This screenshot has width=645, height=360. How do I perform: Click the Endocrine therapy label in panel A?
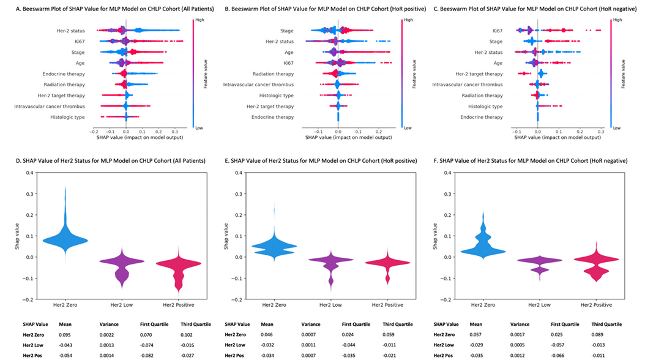64,74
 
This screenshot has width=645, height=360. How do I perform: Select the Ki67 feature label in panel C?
498,31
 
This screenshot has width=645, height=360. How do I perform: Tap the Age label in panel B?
289,53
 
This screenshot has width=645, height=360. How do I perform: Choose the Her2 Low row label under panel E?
235,345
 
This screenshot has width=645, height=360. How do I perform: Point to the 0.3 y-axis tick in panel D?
30,194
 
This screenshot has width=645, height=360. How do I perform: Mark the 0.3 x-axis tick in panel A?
174,132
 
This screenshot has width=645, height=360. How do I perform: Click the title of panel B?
326,9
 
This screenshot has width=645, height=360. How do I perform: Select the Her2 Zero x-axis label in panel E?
274,306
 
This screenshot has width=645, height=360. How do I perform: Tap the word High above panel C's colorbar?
617,20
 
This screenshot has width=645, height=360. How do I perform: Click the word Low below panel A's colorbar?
199,128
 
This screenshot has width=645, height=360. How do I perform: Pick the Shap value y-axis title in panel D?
17,236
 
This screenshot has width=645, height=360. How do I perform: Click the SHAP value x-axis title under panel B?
348,137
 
